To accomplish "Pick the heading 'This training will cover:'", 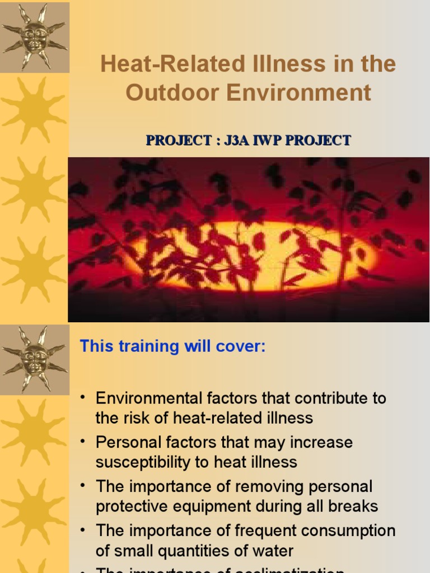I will [172, 346].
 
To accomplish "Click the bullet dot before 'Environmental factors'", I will [82, 397].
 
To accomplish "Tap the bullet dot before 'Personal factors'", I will [82, 442].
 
